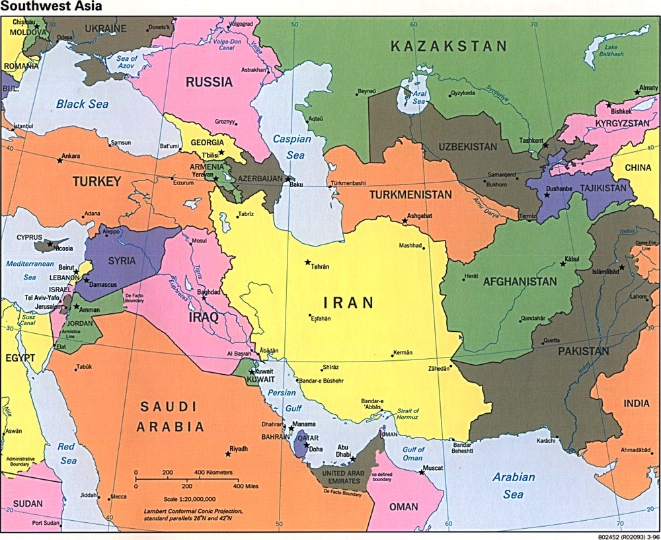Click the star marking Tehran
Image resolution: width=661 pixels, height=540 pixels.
(307, 262)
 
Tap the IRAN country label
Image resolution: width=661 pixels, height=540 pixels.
(348, 303)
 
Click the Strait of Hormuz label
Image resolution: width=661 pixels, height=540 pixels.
(408, 415)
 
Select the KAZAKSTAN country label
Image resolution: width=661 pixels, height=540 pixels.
(448, 47)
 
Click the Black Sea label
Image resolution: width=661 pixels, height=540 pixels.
(82, 104)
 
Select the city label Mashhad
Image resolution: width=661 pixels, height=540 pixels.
(410, 246)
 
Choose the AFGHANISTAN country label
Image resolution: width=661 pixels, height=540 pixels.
(520, 282)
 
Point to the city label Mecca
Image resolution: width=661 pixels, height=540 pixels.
(118, 497)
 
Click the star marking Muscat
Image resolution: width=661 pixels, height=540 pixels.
(421, 472)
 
